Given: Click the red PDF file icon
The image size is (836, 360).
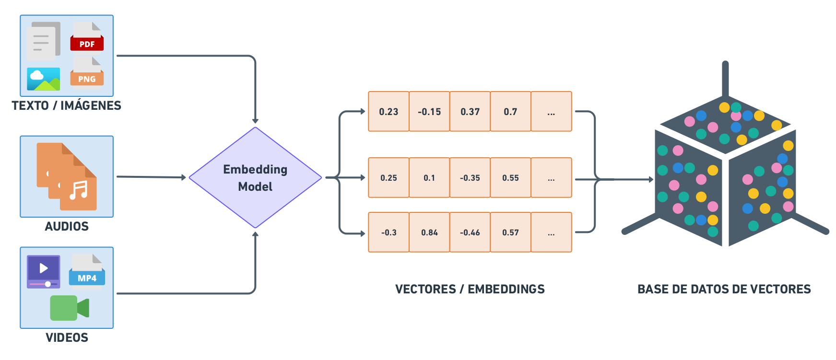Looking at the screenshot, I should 87,37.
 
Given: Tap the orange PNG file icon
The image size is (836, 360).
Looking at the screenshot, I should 87,73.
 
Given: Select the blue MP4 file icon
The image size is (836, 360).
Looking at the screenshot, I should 87,271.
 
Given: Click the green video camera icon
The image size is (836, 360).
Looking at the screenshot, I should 70,308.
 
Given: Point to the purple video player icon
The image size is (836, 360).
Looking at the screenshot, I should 44,271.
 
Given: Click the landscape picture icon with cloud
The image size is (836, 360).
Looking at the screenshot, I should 44,79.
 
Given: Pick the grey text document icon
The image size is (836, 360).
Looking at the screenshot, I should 43,42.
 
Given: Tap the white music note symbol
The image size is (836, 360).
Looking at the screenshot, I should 79,190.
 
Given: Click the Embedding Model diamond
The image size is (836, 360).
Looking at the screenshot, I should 255,177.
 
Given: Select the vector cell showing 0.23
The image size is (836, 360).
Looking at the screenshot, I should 389,112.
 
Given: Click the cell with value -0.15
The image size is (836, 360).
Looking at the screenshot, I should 429,112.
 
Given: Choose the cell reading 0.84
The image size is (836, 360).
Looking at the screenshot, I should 429,232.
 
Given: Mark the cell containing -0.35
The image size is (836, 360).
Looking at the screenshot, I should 470,178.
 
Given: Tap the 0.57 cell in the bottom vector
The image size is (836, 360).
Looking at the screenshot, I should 510,232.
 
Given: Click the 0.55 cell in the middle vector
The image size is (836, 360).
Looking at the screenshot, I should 510,178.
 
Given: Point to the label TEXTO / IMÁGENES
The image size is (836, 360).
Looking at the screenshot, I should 66,106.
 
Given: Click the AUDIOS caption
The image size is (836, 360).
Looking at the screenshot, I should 67,227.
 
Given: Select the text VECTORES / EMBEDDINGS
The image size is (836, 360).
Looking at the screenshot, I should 470,289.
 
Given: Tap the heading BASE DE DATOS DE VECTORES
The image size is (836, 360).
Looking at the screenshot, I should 724,289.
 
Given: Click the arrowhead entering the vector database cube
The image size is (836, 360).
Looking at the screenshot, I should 651,180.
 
